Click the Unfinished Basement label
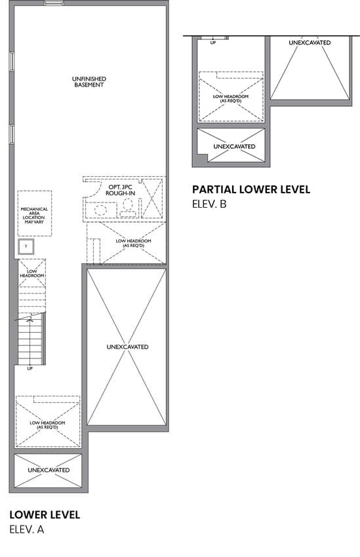point(89,82)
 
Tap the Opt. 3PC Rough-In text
point(120,190)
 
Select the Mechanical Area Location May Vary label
point(34,216)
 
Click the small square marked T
point(26,246)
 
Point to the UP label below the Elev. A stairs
point(30,368)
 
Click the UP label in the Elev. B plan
point(213,43)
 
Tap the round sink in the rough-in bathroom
point(100,210)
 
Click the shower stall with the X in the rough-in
point(152,199)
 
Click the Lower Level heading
point(45,514)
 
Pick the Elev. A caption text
point(27,529)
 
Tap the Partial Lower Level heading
point(251,189)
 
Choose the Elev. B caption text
point(209,204)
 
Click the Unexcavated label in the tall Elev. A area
point(128,347)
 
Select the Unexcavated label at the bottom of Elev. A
point(49,470)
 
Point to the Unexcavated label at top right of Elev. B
point(310,43)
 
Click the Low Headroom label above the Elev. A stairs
point(32,273)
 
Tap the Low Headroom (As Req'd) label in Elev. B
point(231,98)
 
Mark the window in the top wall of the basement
point(54,3)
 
